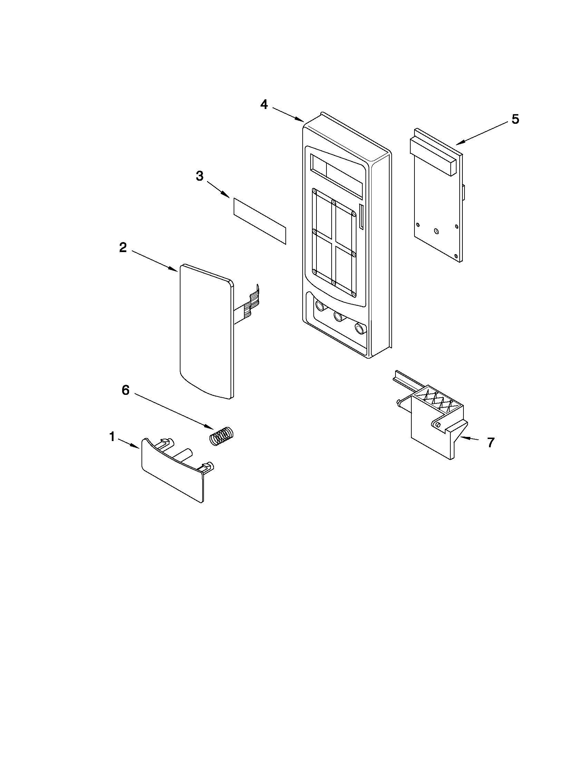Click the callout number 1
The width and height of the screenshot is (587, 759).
(x=112, y=437)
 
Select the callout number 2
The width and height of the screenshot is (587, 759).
(x=123, y=248)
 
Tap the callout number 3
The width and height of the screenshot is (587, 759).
(x=199, y=176)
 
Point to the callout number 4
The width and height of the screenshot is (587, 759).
(x=264, y=104)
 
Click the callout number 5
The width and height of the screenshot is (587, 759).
(x=515, y=119)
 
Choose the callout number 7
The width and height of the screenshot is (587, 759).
(x=490, y=442)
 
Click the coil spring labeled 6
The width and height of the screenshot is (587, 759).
(x=222, y=436)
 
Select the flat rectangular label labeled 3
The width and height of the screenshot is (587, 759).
(x=260, y=221)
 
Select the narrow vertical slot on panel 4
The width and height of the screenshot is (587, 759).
(x=361, y=217)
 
